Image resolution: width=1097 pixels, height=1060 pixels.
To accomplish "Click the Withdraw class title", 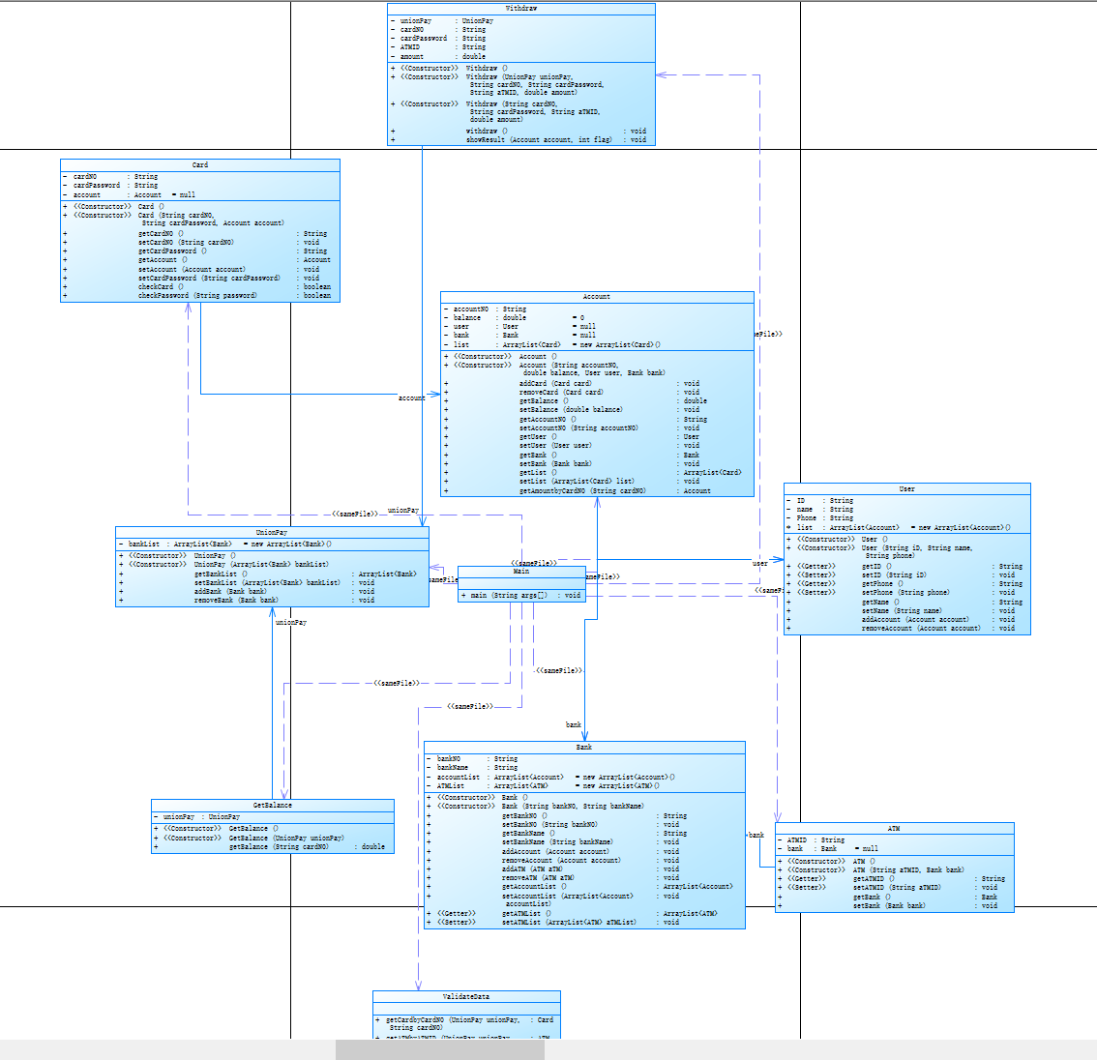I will (520, 9).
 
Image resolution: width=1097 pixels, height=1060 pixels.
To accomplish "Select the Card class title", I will (200, 165).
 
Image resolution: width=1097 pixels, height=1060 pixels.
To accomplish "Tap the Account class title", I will (597, 297).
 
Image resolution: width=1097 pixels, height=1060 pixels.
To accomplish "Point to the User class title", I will (906, 489).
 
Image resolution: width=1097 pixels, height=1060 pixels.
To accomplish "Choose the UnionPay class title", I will (272, 533).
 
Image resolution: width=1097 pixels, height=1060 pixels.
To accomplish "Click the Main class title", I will (521, 572).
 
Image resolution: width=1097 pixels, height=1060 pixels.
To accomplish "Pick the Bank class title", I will (584, 748).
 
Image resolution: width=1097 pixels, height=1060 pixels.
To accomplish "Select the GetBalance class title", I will (273, 806).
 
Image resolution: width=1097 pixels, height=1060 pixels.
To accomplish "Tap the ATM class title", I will (894, 829).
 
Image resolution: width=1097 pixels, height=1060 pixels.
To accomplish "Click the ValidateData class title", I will (466, 997).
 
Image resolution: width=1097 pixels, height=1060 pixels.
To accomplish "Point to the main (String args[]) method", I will (509, 596).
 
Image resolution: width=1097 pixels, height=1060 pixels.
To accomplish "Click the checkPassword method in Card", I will (197, 296).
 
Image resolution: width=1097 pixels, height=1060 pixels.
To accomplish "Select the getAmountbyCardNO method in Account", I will (581, 491).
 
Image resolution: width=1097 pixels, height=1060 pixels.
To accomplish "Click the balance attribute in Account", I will (467, 318).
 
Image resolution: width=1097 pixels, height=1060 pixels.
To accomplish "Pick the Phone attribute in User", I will (807, 518).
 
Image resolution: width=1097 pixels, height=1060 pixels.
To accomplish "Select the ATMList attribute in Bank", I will (451, 786).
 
